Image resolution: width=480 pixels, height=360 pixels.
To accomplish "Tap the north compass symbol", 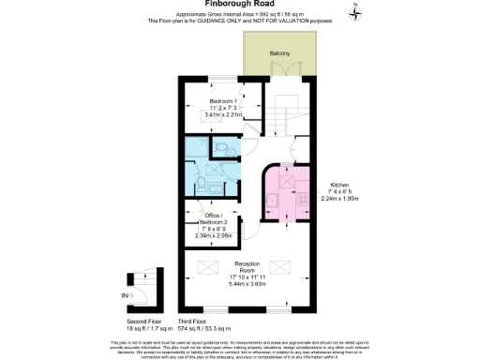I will [x=355, y=11].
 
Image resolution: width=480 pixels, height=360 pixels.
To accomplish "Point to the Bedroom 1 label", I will [x=222, y=100].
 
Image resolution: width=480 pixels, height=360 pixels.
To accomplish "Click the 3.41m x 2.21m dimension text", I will [x=222, y=115].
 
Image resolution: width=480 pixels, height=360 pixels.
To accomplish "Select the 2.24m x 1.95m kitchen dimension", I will [x=337, y=199].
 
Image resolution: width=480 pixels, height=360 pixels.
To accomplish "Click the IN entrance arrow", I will [x=128, y=296].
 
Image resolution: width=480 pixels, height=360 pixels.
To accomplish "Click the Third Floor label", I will [x=192, y=322].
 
